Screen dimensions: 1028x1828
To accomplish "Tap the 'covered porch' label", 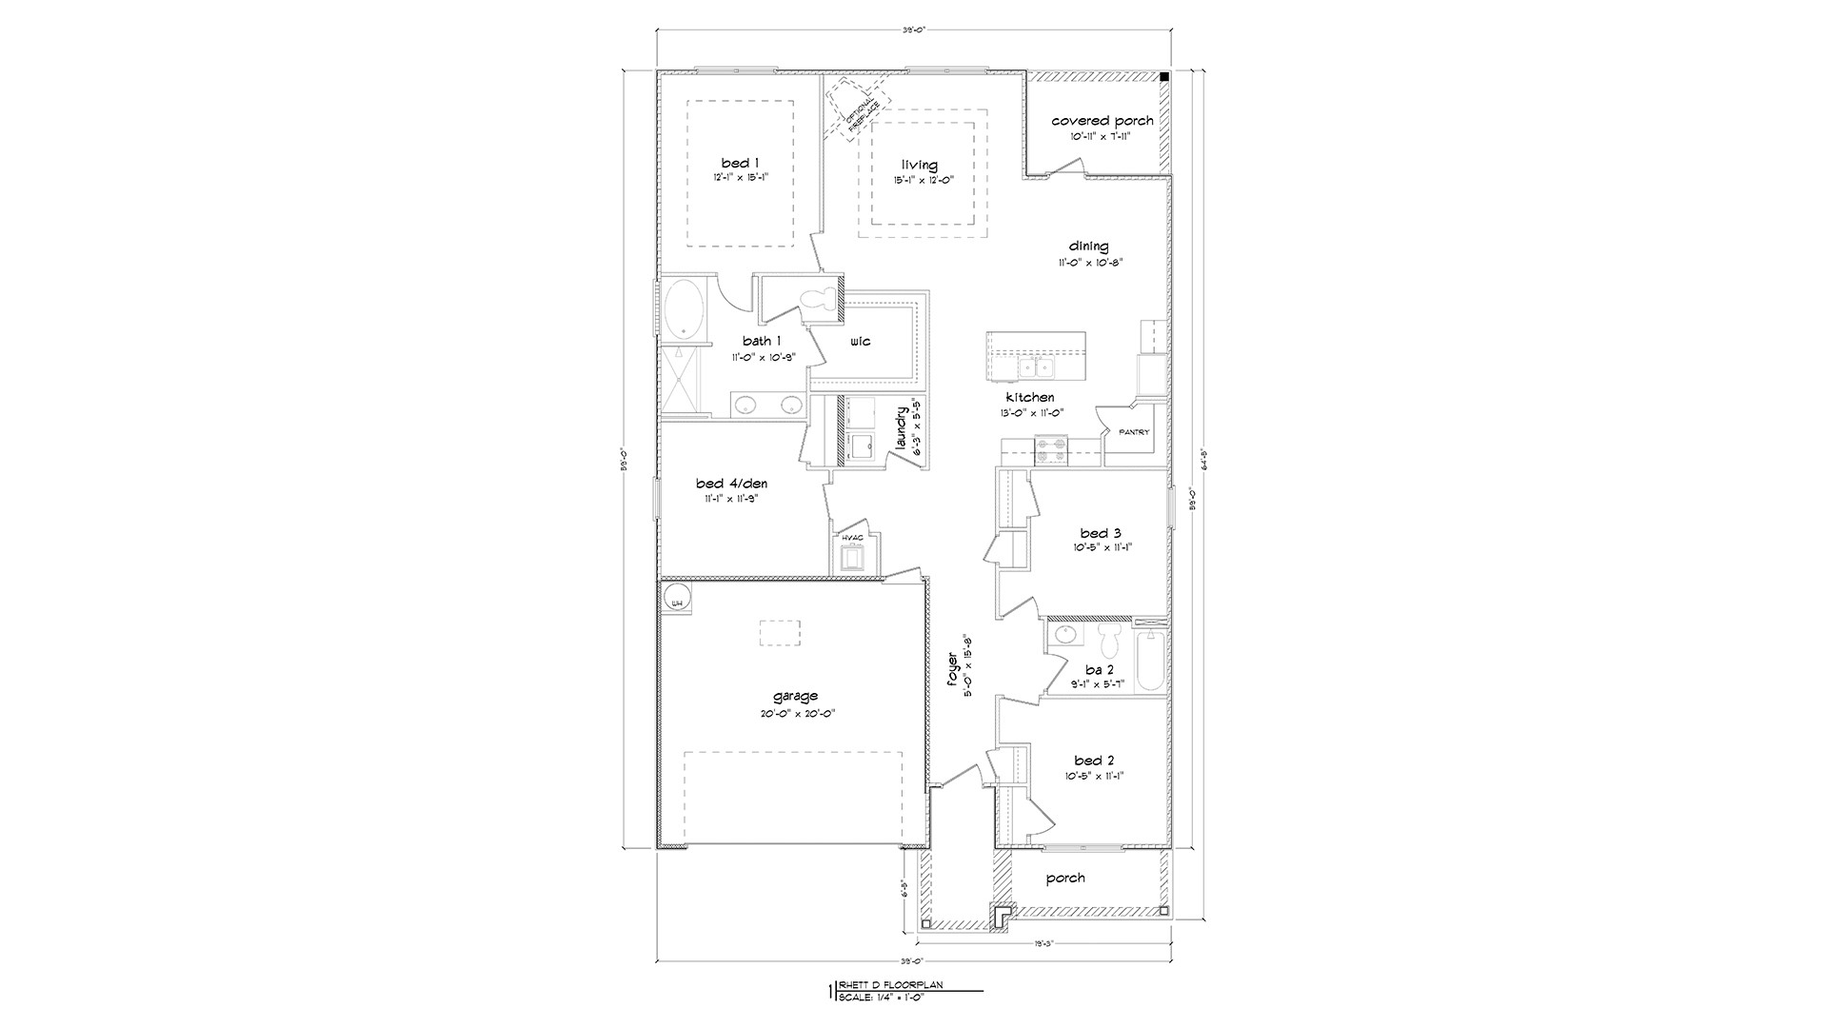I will [x=1102, y=121].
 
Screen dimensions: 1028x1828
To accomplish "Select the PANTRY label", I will [x=1133, y=432].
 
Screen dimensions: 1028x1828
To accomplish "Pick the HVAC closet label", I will [x=851, y=538].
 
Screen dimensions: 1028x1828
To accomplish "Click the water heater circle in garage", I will [x=677, y=599].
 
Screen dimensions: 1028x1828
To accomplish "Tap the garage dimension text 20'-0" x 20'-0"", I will [x=795, y=714].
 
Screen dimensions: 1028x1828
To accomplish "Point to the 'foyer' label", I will [x=953, y=673].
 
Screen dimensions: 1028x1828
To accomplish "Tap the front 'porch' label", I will [x=1064, y=878].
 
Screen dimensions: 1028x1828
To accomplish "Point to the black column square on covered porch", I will [x=1164, y=77].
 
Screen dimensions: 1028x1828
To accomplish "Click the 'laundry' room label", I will [x=901, y=430].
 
